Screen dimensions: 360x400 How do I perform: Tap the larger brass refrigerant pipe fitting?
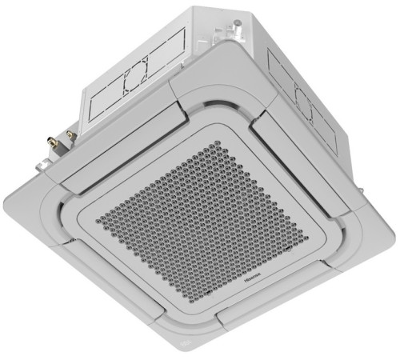(x=56, y=143)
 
